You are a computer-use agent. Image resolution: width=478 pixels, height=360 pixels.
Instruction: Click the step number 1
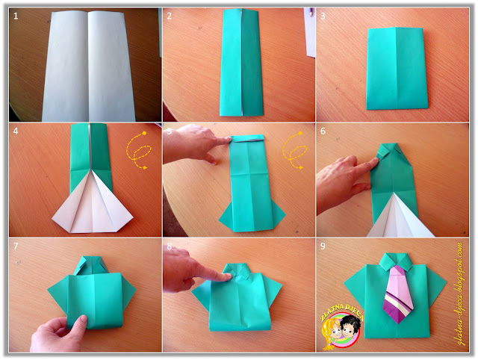16,16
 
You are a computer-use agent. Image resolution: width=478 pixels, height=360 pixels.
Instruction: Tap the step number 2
170,16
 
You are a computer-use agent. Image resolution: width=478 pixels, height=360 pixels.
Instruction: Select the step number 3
323,16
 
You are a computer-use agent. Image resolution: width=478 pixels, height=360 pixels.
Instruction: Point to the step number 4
16,131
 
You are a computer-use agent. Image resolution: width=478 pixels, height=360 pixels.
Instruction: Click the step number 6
323,131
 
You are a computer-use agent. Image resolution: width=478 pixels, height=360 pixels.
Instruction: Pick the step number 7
16,247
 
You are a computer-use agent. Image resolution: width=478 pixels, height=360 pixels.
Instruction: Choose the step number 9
323,247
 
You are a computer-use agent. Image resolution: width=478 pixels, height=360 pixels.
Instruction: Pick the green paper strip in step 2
241,63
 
